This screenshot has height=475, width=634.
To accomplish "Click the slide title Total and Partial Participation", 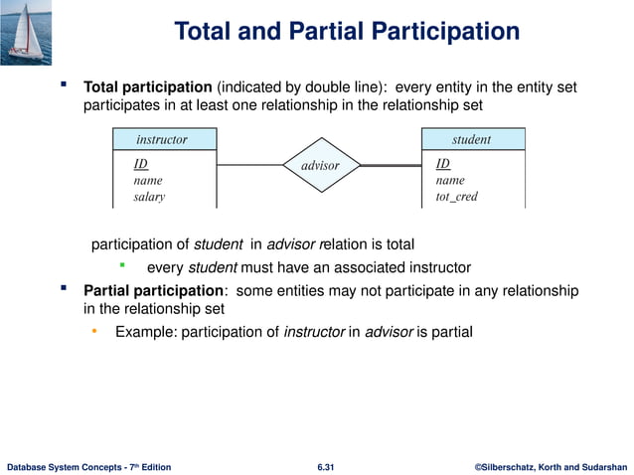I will [347, 32].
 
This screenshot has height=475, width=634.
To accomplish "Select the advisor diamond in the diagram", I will [320, 165].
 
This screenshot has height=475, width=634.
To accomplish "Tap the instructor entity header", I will [161, 139].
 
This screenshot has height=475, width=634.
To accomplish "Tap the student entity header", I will [471, 139].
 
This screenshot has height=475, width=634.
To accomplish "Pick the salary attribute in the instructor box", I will [149, 197].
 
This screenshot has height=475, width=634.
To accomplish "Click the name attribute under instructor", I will [147, 181].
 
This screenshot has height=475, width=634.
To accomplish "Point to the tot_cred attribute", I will [456, 197].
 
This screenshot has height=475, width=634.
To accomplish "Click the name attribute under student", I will [450, 181].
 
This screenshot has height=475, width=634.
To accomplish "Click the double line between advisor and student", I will [391, 164].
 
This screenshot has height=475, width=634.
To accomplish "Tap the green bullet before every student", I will [122, 265].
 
